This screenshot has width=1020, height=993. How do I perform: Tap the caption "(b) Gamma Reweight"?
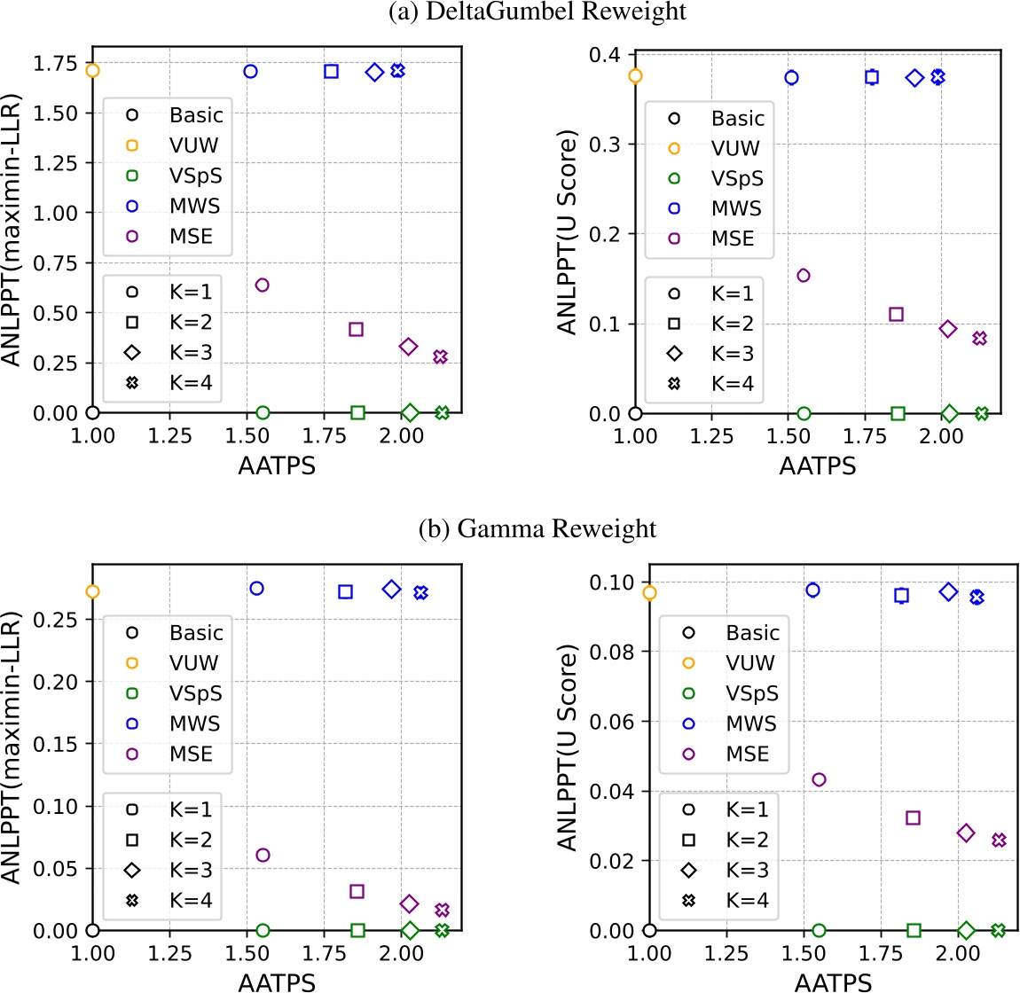pos(537,528)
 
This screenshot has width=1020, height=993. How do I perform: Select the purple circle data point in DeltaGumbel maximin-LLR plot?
pos(262,285)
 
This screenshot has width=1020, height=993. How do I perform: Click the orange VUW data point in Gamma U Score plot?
pos(649,592)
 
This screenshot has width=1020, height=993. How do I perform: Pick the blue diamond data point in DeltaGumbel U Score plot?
pos(915,78)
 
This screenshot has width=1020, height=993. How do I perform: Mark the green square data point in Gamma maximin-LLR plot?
pos(357,930)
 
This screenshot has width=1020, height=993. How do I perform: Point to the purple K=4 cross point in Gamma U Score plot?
pos(999,840)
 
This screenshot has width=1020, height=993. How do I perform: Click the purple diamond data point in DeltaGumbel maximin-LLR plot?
pos(408,347)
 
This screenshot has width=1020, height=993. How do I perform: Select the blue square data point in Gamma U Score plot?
pos(902,596)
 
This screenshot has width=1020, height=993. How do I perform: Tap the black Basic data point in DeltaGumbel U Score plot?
pos(635,413)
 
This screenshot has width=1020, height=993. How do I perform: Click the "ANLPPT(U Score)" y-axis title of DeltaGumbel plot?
pos(568,233)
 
